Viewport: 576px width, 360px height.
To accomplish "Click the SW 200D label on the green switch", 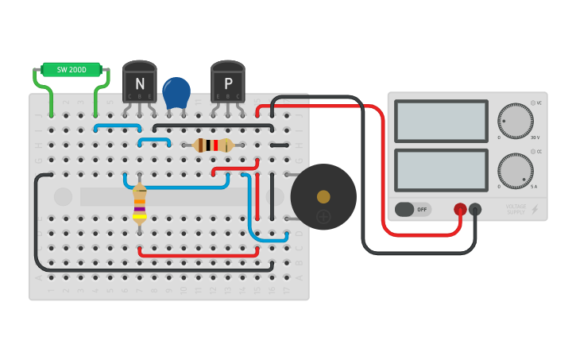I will [x=72, y=70].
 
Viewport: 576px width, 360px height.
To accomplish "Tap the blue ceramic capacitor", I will [x=176, y=92].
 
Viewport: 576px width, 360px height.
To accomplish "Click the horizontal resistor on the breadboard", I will [x=213, y=145].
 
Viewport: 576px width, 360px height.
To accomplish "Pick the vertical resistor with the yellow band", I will [x=140, y=203].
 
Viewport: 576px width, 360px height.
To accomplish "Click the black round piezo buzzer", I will [x=323, y=197].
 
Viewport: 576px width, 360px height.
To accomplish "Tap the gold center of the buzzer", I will [x=323, y=196].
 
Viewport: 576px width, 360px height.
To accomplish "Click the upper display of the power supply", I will [x=441, y=121].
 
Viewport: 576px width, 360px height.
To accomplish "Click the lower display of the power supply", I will [x=441, y=169].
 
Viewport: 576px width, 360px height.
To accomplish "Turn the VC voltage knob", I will [x=516, y=121].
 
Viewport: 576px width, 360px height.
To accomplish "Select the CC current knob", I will [x=516, y=170].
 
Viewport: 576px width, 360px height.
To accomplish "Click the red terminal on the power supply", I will [x=460, y=209].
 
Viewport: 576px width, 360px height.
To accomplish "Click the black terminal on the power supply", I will [x=475, y=209].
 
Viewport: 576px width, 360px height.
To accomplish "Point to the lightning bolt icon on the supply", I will [x=535, y=210].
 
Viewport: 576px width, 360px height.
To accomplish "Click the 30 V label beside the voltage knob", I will [x=535, y=137].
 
